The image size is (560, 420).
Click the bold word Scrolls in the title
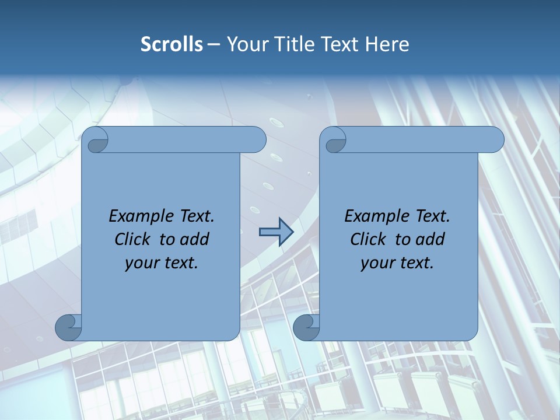172,44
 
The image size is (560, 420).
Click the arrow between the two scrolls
276,232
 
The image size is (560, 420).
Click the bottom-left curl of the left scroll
69,327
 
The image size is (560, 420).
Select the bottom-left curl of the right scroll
306,327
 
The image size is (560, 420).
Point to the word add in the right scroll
430,239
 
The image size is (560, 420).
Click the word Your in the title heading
244,44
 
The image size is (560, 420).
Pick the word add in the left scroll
194,239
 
